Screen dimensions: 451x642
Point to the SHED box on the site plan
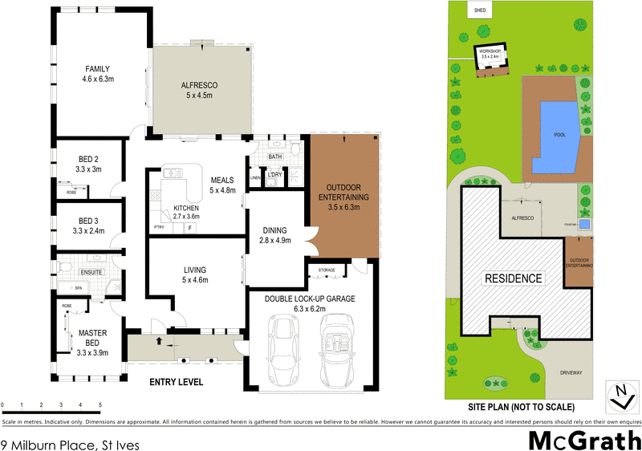pyautogui.click(x=481, y=10)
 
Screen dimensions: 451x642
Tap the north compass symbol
pyautogui.click(x=619, y=392)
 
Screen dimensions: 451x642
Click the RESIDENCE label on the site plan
pyautogui.click(x=512, y=278)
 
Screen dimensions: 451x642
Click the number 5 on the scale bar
pyautogui.click(x=100, y=405)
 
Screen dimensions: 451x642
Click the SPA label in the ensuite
pyautogui.click(x=79, y=287)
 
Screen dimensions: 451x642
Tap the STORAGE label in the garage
pyautogui.click(x=327, y=270)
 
